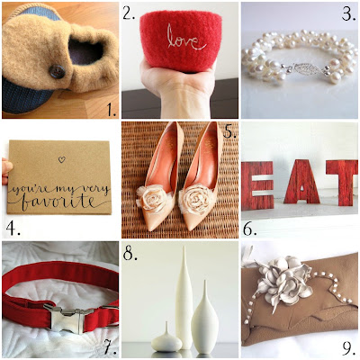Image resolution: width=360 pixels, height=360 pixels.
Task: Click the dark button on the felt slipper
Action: [58, 72]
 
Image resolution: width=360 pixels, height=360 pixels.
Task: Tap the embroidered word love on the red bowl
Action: [186, 39]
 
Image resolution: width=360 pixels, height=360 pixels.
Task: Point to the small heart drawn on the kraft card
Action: [61, 159]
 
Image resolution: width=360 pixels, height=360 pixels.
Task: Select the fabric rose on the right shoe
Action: [196, 198]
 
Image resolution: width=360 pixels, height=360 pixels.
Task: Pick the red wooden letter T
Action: [343, 183]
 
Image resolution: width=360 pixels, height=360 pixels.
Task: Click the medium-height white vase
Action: [205, 318]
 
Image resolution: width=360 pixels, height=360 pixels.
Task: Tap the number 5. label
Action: [229, 130]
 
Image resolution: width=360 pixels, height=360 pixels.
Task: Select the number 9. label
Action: [349, 348]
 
